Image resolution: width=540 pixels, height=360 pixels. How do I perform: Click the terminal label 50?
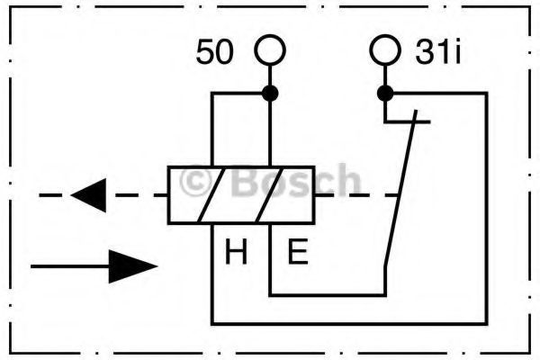[214, 51]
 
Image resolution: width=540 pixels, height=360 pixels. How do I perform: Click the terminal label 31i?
[437, 51]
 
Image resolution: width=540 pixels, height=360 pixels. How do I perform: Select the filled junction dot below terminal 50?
[270, 93]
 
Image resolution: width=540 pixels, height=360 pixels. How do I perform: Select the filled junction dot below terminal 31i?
[385, 93]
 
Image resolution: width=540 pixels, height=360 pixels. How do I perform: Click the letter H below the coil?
[236, 252]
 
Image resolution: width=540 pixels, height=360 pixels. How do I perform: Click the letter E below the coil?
[298, 252]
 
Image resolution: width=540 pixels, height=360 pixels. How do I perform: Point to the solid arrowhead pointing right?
[132, 266]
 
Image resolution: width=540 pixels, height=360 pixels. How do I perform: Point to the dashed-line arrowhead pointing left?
[88, 195]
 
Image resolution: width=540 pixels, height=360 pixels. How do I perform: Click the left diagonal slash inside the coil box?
[211, 195]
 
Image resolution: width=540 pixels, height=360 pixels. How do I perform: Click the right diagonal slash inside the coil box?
[269, 195]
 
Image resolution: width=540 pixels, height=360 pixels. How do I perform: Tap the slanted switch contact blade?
[400, 188]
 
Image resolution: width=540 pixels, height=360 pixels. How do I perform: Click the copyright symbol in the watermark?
[195, 183]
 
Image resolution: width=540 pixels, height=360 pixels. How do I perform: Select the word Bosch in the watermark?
[296, 181]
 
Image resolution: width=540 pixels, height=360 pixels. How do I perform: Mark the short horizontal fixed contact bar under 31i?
[408, 121]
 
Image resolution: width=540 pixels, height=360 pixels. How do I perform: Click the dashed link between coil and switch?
[356, 195]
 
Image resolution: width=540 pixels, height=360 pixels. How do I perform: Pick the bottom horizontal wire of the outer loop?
[349, 323]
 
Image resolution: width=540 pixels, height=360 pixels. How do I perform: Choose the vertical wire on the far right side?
[486, 208]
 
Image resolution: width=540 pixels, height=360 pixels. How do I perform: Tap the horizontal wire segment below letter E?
[328, 295]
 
